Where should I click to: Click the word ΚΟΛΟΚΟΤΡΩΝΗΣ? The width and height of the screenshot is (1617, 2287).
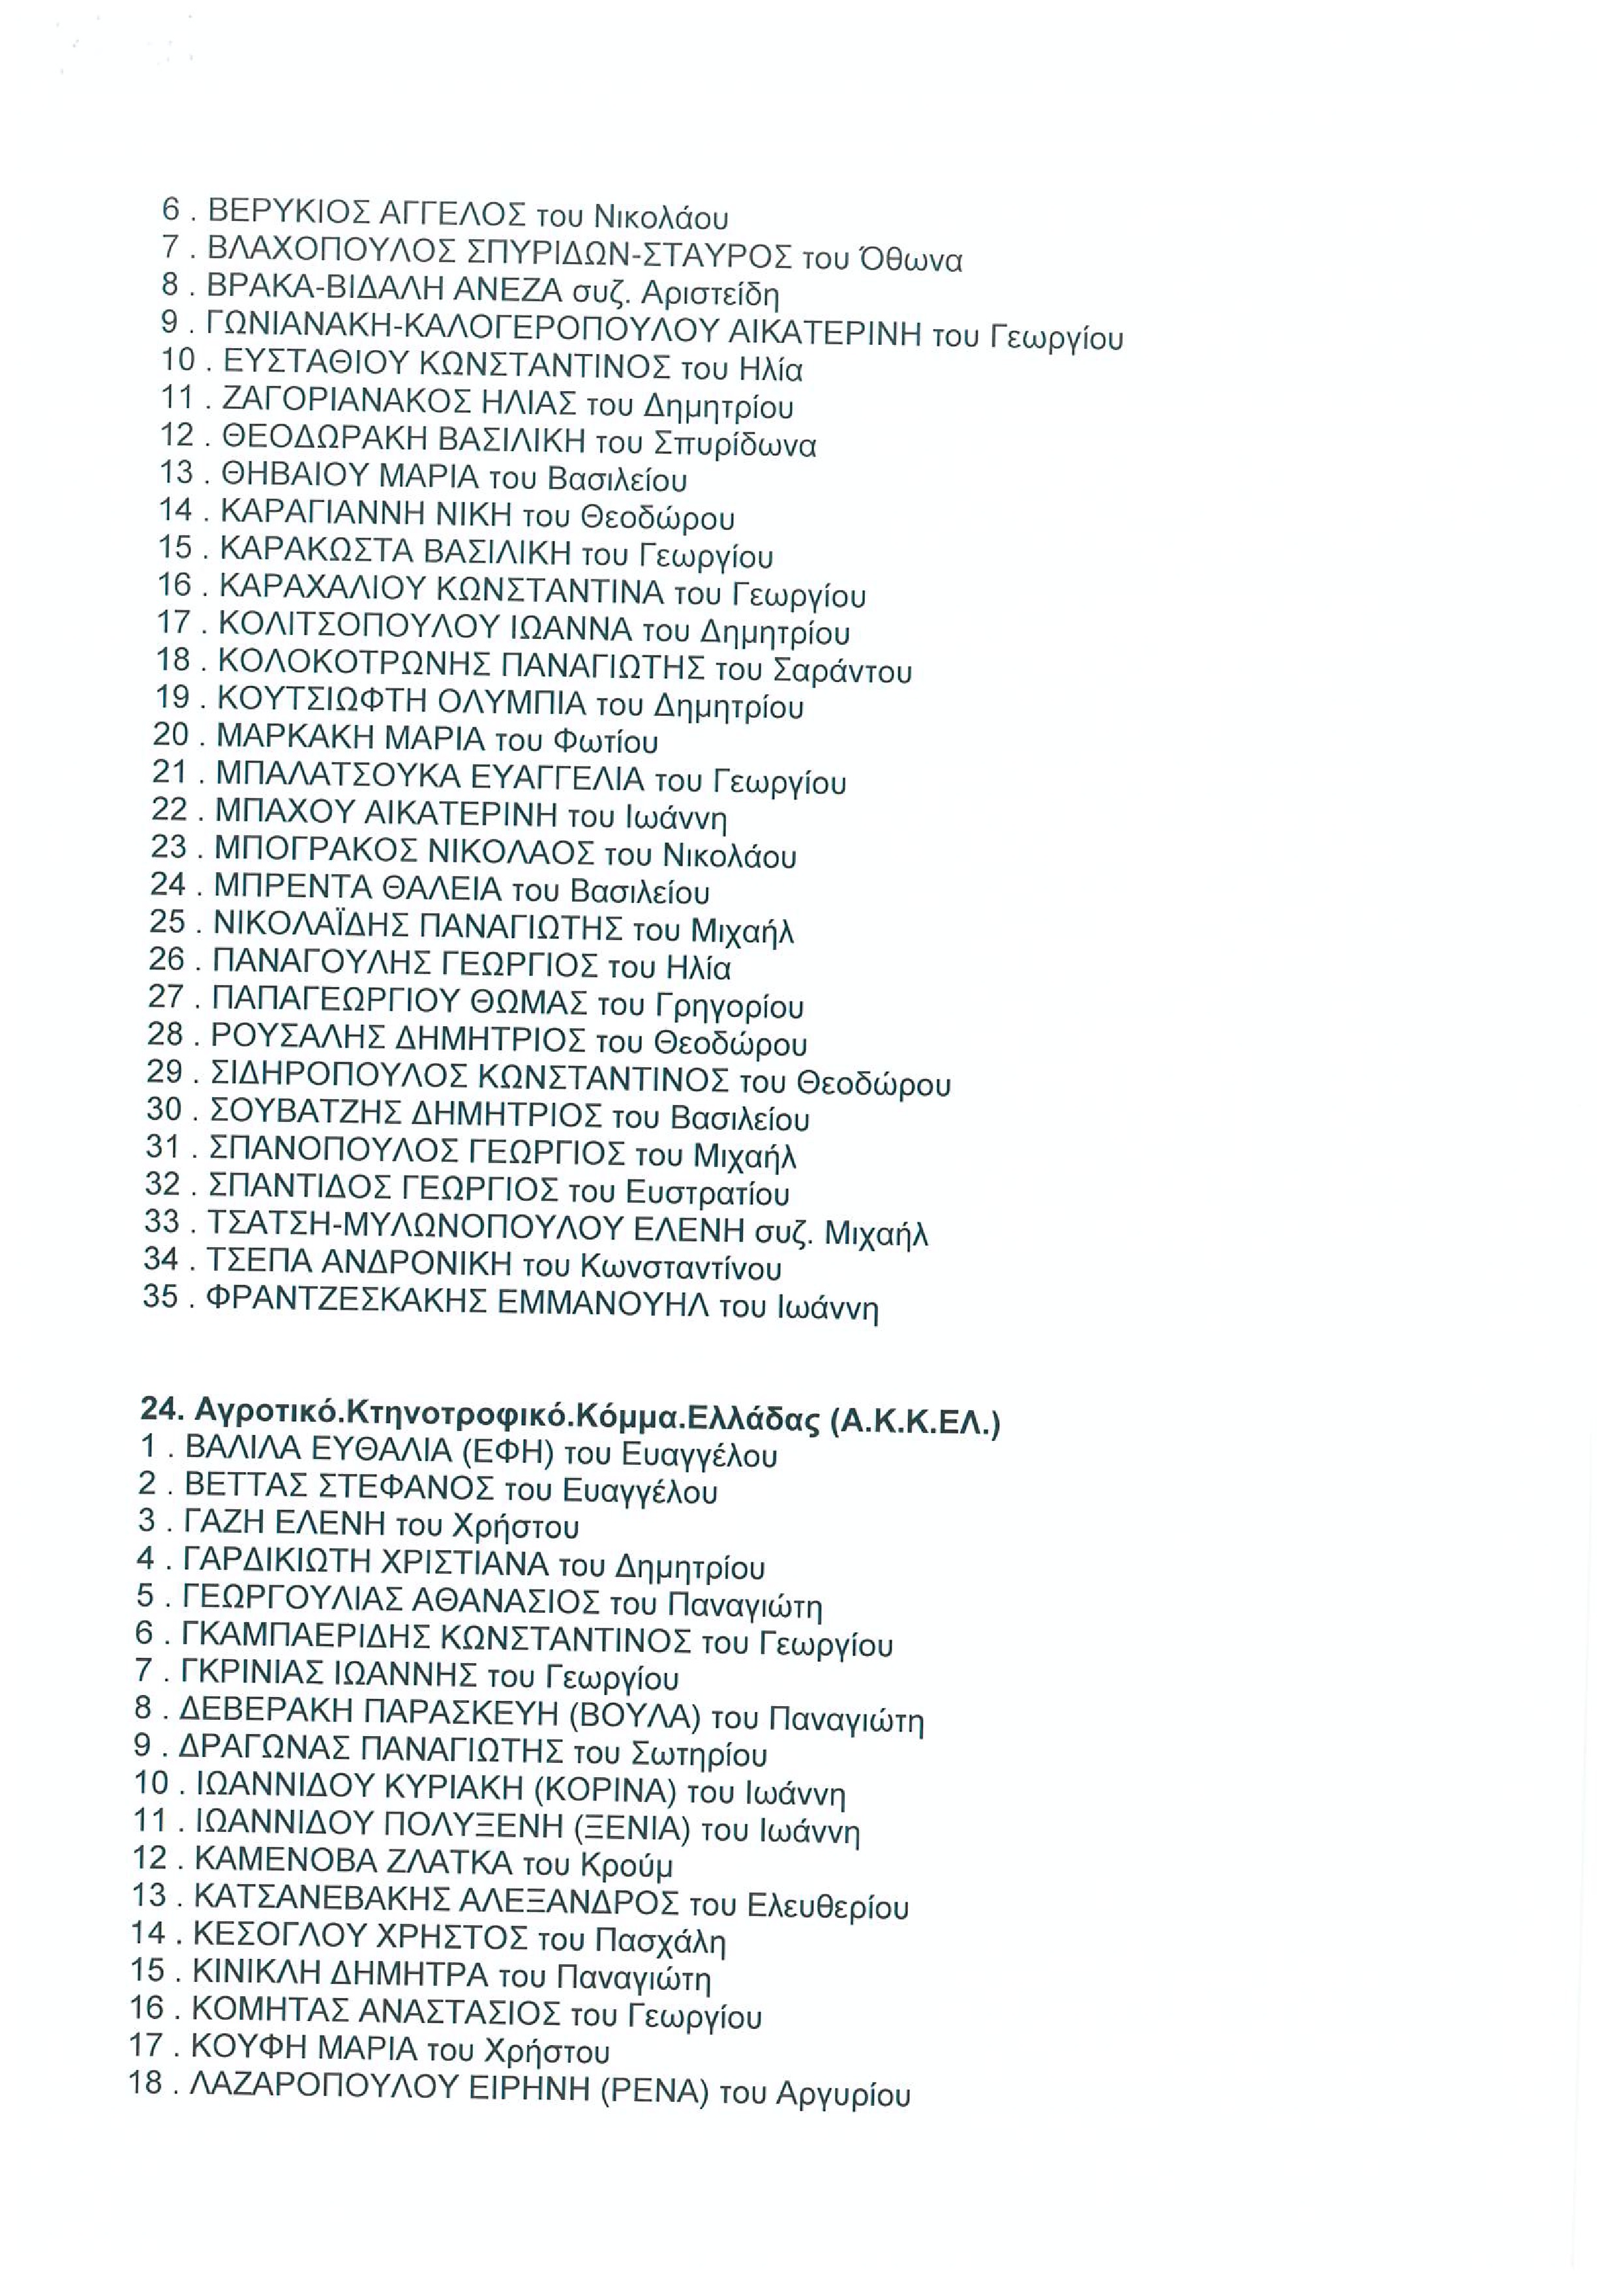(354, 662)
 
